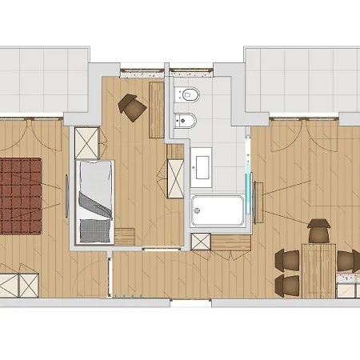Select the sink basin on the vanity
tap(200, 166)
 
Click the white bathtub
tap(218, 211)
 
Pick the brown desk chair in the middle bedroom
tap(132, 106)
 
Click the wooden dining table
tap(319, 270)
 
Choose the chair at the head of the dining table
tap(319, 230)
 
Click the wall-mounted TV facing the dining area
tap(258, 193)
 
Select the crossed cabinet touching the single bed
tap(86, 143)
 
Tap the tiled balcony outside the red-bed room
tap(45, 80)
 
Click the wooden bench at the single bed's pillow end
tap(125, 238)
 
